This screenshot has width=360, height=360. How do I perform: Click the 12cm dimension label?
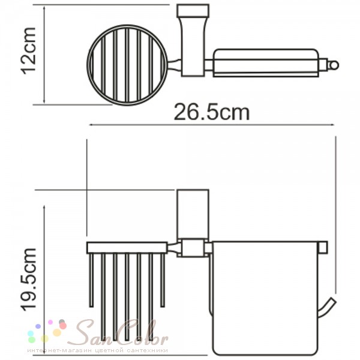pos(29,51)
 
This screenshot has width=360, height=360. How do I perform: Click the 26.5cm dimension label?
pos(211,113)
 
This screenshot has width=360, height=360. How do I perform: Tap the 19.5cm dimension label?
pos(29,280)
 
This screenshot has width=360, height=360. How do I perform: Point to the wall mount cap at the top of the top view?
pos(193,11)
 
